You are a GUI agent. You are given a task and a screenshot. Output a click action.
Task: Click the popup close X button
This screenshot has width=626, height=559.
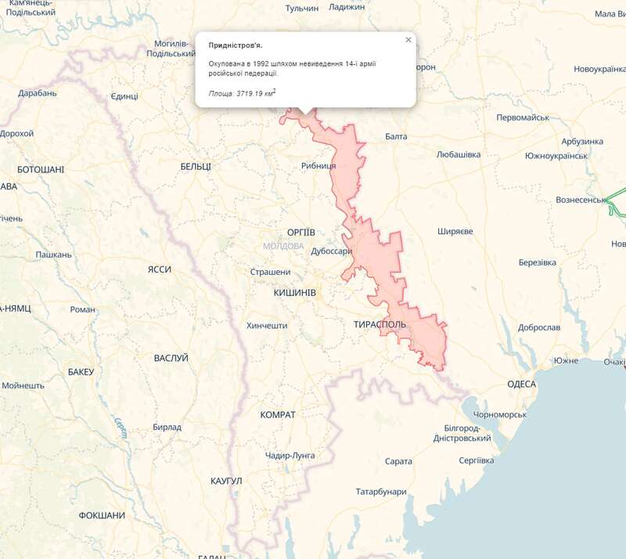(408, 40)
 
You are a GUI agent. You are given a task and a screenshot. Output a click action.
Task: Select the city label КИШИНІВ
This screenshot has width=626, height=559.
(294, 292)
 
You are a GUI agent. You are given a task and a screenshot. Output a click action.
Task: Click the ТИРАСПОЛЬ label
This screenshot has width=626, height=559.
(379, 323)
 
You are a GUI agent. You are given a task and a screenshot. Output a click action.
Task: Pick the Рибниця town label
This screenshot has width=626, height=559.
(318, 166)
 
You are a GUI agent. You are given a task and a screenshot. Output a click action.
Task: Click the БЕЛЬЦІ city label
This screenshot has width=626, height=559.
(196, 167)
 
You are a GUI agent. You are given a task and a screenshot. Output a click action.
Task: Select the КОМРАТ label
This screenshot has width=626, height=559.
(278, 414)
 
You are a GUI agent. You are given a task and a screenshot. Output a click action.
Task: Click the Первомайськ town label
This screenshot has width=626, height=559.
(523, 117)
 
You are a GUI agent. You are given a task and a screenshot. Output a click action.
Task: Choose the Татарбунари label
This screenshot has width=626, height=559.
(381, 492)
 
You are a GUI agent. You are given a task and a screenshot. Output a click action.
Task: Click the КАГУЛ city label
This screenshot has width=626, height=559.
(227, 480)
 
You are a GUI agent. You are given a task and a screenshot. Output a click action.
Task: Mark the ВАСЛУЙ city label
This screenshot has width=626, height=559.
(171, 358)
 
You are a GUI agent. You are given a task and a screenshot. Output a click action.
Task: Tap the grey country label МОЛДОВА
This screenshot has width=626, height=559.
(283, 246)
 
